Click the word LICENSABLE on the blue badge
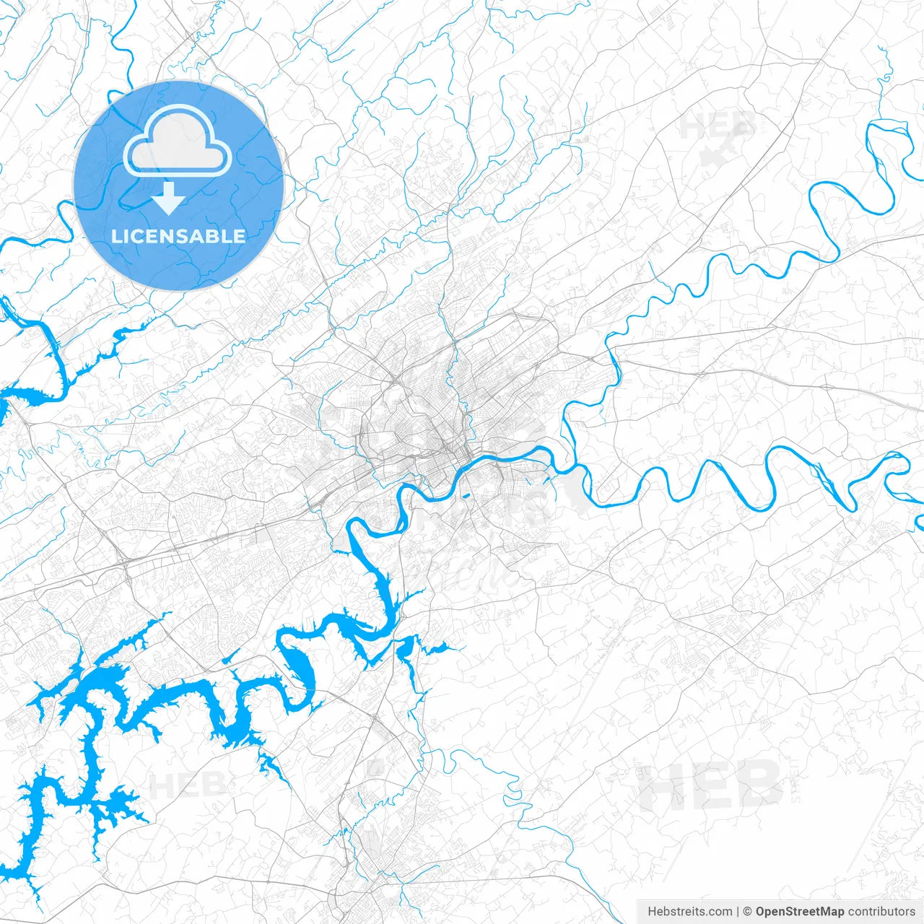point(178,236)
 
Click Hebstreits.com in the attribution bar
point(689,912)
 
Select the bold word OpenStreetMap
point(799,912)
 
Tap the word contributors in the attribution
point(881,912)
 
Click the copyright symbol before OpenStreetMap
point(748,912)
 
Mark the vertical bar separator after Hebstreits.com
point(738,912)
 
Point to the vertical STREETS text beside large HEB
point(796,784)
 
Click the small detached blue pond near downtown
point(466,495)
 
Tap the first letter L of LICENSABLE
point(115,236)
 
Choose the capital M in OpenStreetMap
point(823,912)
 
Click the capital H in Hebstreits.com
point(652,912)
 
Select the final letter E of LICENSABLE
point(240,236)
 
